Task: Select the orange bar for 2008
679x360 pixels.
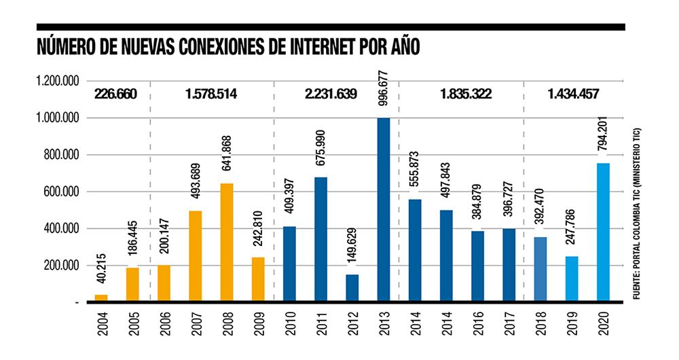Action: click(226, 242)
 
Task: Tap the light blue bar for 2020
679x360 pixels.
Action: click(603, 232)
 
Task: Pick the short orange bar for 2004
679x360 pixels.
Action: click(101, 298)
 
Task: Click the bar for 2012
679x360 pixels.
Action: click(352, 287)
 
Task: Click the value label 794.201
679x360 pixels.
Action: click(602, 134)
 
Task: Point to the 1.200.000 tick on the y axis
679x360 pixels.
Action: click(57, 82)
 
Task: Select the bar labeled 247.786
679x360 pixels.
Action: click(572, 278)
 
